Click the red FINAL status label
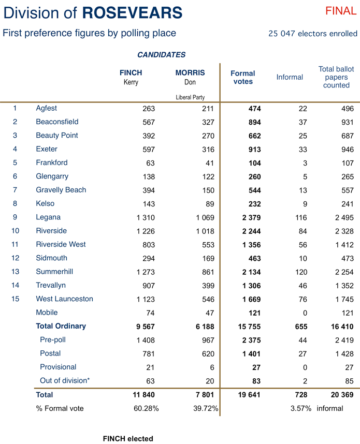tap(341, 11)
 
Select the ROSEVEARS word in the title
tap(132, 12)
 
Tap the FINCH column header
tap(131, 73)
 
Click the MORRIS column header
tap(190, 73)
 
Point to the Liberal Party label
tap(190, 97)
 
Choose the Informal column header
tap(290, 77)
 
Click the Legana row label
tap(48, 217)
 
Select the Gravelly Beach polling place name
tap(61, 190)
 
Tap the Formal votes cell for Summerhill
tap(251, 272)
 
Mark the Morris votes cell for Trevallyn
tap(205, 285)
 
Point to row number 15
tap(15, 299)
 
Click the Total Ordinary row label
tap(61, 326)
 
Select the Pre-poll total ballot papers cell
tap(343, 340)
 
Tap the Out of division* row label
tap(65, 381)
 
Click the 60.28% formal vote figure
tap(146, 408)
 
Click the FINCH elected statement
tap(128, 439)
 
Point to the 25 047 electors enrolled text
tap(312, 34)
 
